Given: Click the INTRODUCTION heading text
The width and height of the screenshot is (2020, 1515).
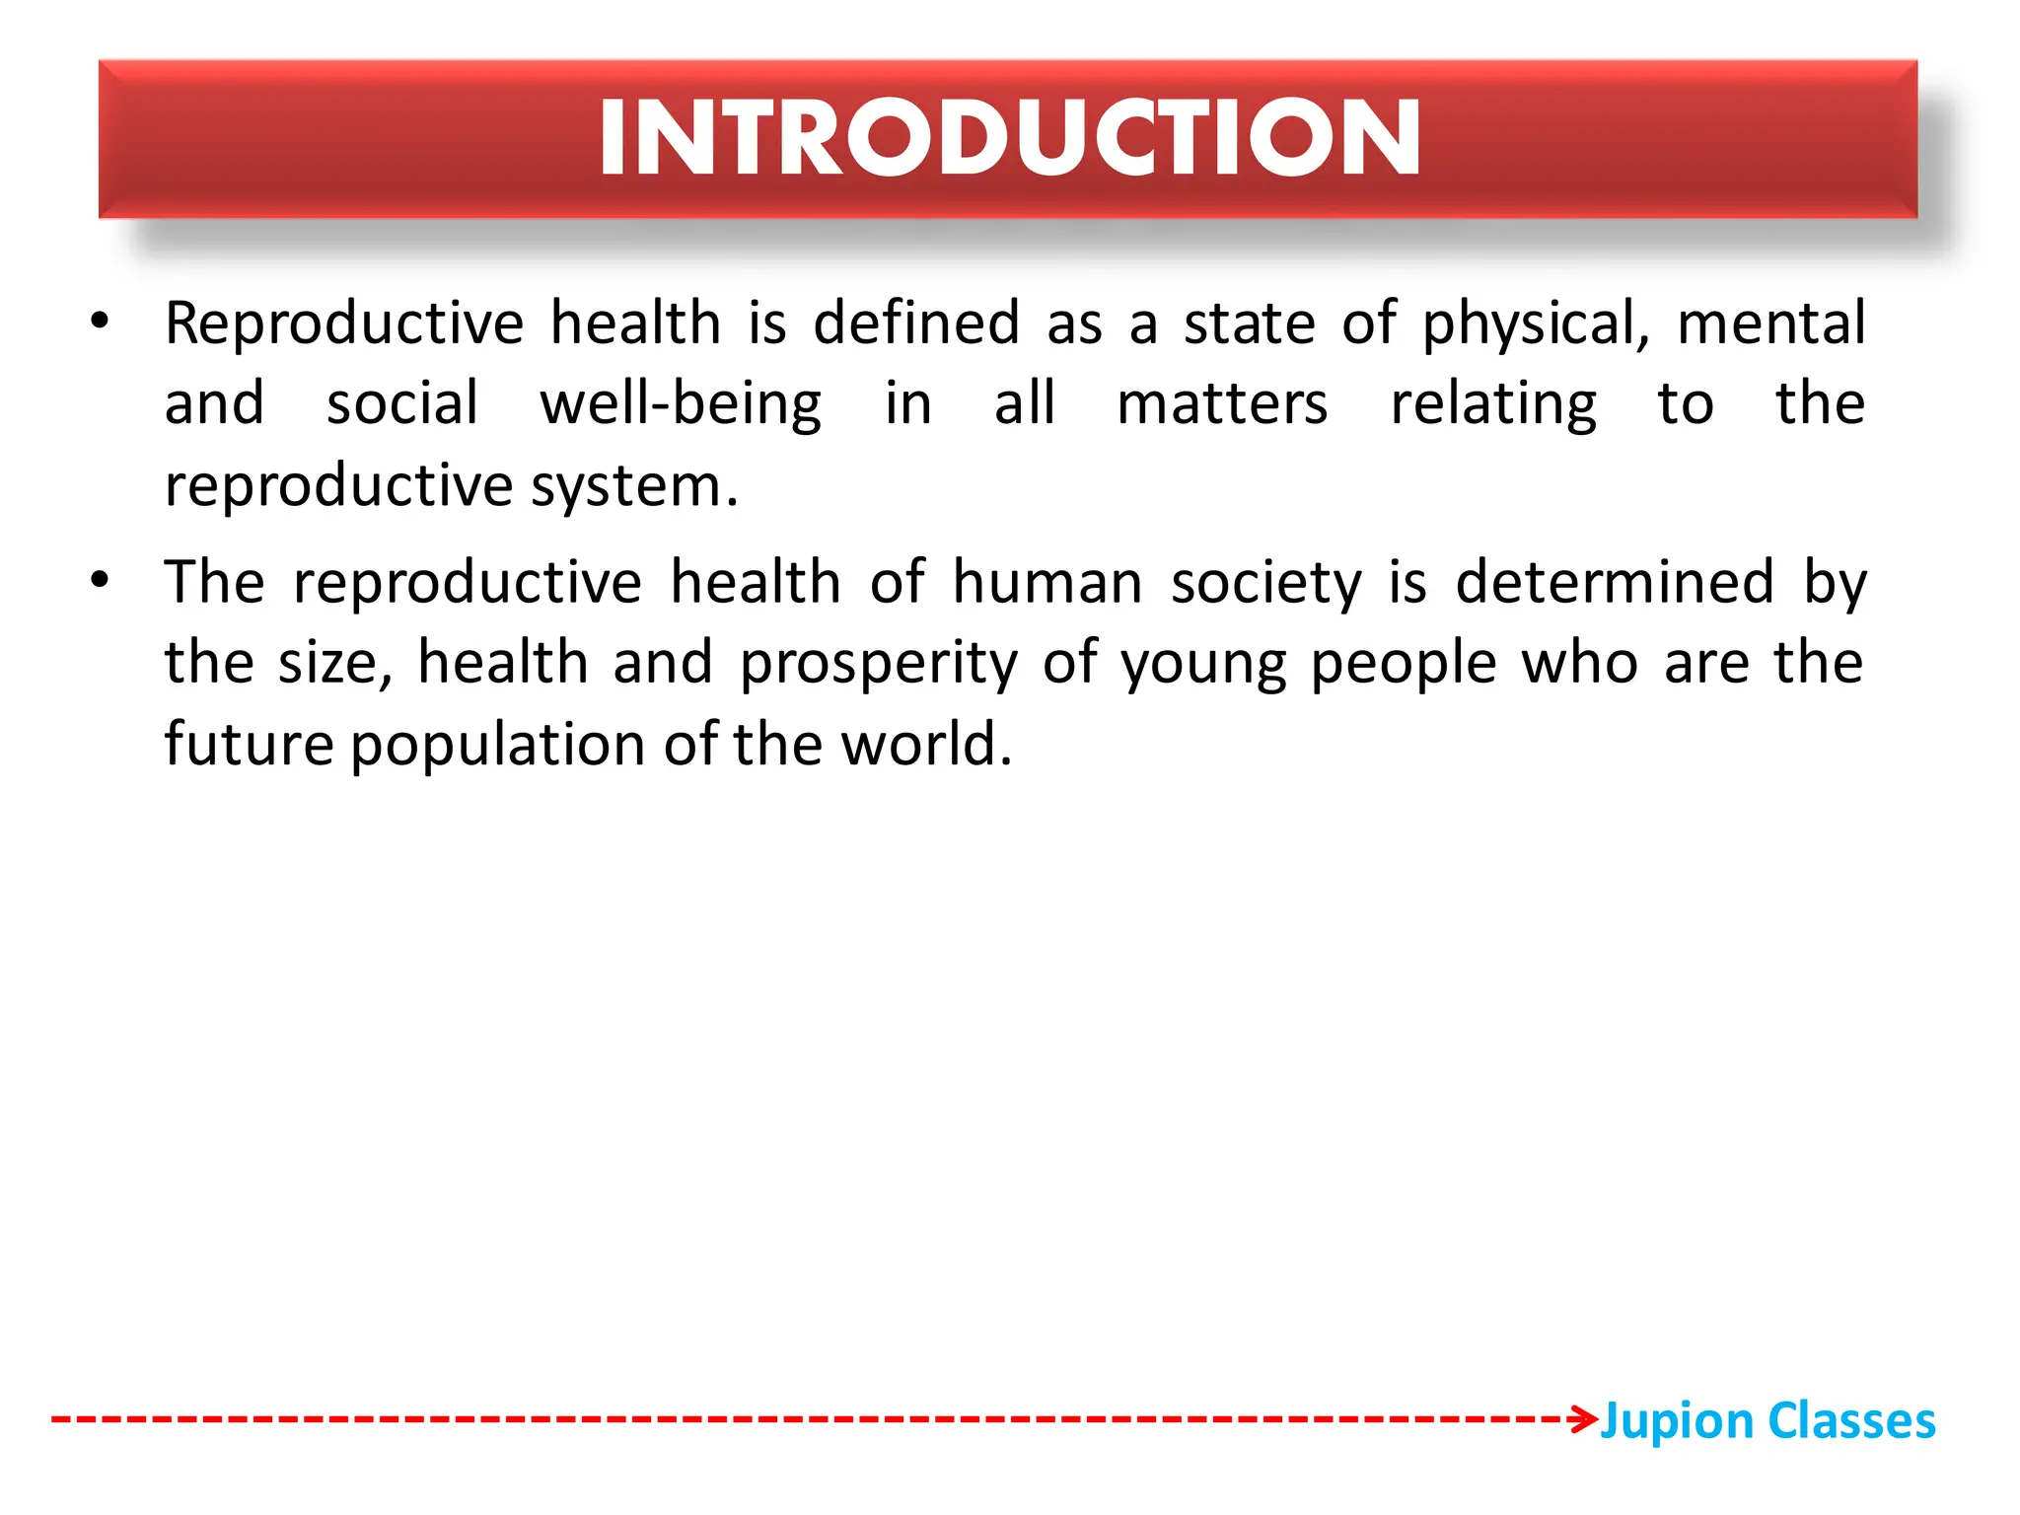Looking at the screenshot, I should pos(1009,138).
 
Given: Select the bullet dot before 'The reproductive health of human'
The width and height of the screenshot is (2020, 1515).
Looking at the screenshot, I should pos(100,579).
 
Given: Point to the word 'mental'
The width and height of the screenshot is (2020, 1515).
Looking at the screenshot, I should pos(1770,324).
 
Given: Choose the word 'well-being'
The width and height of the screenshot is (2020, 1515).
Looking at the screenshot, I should pos(681,405).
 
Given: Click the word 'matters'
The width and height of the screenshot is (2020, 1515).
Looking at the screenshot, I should pos(1222,404).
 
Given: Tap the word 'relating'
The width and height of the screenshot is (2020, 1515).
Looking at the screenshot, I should pos(1493,405).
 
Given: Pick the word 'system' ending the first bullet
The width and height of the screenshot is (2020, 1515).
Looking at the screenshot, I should pos(626,487).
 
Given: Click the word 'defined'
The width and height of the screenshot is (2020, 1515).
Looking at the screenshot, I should pos(916,324).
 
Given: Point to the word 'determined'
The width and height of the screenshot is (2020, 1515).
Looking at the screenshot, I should pos(1616,582).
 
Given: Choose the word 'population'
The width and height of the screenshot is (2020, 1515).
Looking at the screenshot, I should pos(496,746).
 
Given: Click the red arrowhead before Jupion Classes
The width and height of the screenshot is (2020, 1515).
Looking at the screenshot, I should pos(1584,1419).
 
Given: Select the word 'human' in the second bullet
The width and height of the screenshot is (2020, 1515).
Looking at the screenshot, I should pos(1046,582).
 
